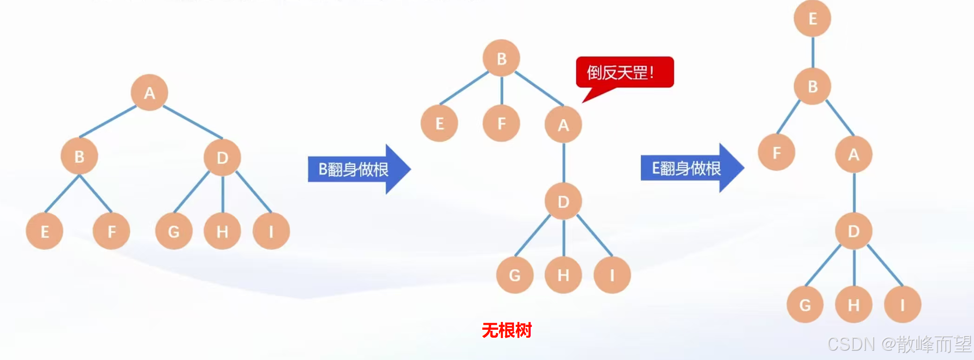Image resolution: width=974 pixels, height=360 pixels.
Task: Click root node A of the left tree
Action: point(149,93)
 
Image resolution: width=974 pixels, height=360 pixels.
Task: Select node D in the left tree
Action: point(222,157)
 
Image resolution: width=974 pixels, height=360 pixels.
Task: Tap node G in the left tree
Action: point(173,231)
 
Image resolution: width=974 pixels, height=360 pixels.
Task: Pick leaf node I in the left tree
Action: point(271,231)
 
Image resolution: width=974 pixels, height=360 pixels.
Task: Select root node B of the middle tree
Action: point(501,59)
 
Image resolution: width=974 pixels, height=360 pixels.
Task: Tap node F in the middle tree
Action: point(501,123)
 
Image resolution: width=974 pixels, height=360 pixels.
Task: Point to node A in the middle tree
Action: point(563,125)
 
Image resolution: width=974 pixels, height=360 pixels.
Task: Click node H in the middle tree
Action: point(563,275)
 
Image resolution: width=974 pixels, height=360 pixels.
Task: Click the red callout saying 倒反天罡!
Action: point(624,73)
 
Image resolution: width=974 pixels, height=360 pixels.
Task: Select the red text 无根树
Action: point(507,330)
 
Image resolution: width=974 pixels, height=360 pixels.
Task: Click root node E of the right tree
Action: point(813,19)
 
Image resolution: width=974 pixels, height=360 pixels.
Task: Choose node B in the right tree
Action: point(813,87)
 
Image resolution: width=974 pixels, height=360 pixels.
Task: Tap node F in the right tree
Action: point(776,153)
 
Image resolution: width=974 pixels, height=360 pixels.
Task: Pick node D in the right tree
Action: point(854,231)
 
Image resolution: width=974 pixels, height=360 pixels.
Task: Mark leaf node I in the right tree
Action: point(902,305)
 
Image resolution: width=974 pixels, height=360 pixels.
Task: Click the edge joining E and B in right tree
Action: point(813,52)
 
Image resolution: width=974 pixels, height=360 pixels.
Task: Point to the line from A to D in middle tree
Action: point(564,163)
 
